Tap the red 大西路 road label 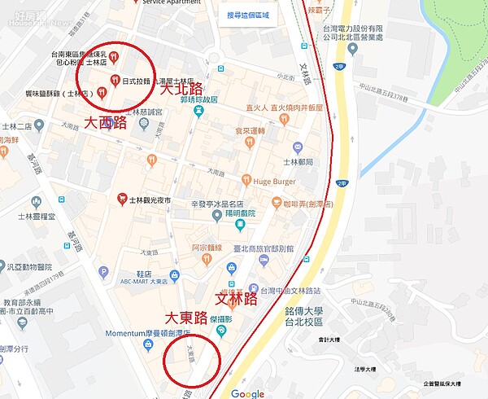click(x=106, y=122)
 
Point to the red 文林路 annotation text click(x=234, y=298)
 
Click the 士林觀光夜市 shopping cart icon click(x=121, y=198)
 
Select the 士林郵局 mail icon click(x=297, y=147)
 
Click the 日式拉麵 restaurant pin click(x=113, y=80)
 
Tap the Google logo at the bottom click(x=247, y=392)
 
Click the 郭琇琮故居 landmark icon click(x=198, y=111)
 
